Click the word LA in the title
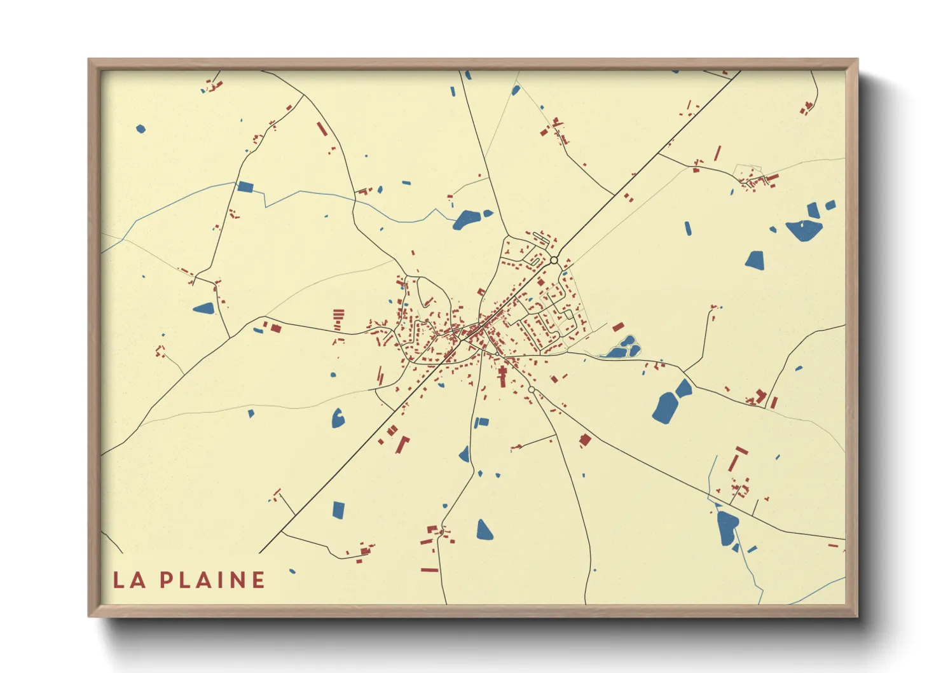pos(129,579)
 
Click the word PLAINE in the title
pos(212,579)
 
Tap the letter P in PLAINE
pos(167,579)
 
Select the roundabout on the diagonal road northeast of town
pos(554,260)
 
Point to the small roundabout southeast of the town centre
pos(532,389)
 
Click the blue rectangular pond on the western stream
pos(245,186)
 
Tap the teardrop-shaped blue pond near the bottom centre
pos(484,530)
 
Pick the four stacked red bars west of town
pos(339,319)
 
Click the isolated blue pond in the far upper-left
pos(141,129)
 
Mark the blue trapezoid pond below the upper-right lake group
pos(755,260)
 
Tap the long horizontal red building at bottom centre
pos(430,569)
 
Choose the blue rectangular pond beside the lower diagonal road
pos(338,510)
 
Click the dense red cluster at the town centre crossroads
pos(474,331)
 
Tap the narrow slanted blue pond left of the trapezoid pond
pos(688,228)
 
